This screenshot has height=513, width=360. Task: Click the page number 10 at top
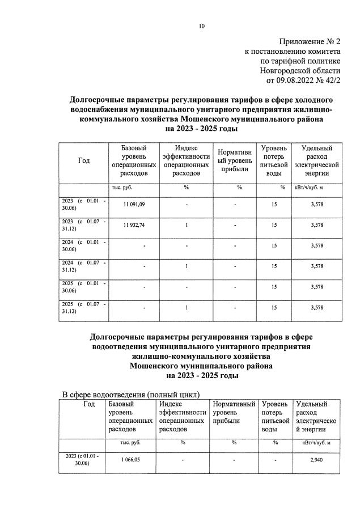(202, 26)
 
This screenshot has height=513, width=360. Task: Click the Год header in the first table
(83, 161)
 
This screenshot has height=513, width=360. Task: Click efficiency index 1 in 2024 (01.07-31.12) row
(186, 266)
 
